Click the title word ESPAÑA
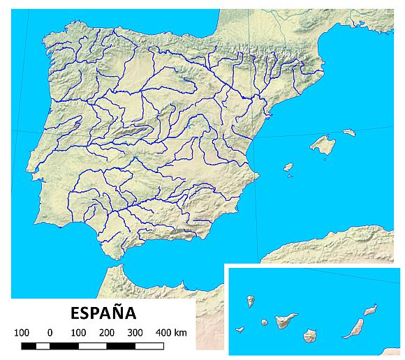(x=103, y=312)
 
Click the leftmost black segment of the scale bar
(x=29, y=345)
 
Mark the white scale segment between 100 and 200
(x=93, y=345)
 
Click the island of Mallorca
(x=323, y=145)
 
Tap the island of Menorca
(x=348, y=132)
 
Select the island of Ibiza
(x=288, y=167)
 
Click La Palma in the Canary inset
(x=250, y=301)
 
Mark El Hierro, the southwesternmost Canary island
(x=240, y=330)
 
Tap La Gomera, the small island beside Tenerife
(x=265, y=322)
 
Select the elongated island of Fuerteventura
(x=353, y=329)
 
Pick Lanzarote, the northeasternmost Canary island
(x=370, y=309)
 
